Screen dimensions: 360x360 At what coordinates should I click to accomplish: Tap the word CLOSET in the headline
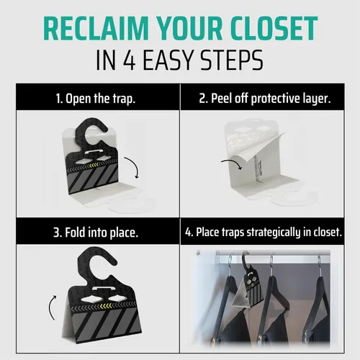point(273,28)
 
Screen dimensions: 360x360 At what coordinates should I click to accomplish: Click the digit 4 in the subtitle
point(130,60)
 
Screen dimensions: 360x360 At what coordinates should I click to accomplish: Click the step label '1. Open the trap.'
point(96,99)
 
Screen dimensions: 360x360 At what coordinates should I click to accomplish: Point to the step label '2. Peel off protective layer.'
point(265,99)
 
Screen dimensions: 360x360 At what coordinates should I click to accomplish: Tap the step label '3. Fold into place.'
point(96,233)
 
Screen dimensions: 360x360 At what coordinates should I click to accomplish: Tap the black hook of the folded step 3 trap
point(96,265)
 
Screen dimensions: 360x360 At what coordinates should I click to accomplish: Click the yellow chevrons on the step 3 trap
point(106,306)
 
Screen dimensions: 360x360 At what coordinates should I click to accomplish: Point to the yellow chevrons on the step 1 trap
point(94,165)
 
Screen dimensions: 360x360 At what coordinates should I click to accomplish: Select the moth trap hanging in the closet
point(250,286)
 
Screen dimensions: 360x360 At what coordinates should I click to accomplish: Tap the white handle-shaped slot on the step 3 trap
point(102,288)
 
